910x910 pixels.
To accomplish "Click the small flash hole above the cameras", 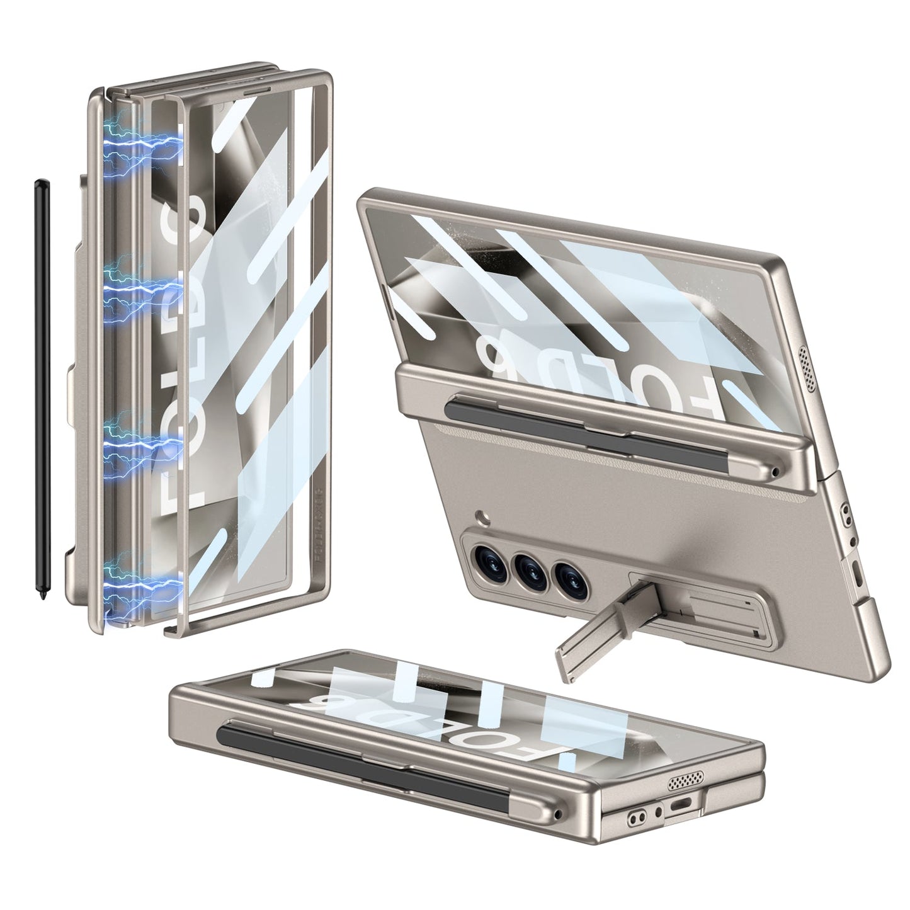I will click(x=481, y=516).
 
